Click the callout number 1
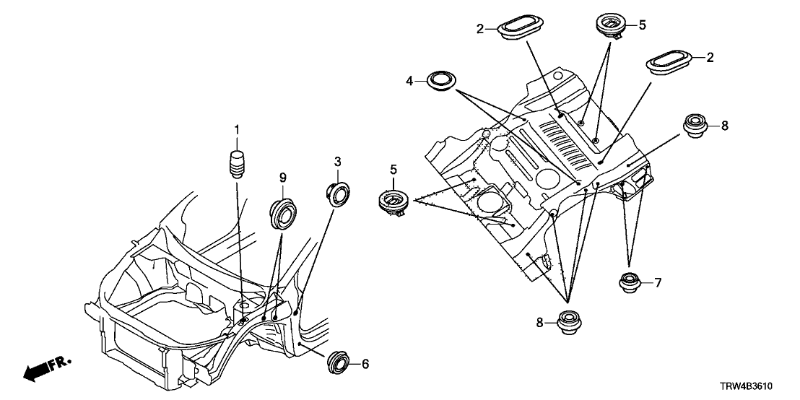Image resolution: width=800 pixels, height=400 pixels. [x=235, y=129]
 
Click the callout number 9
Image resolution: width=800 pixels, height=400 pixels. [x=283, y=177]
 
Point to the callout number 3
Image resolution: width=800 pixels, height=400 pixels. [x=337, y=160]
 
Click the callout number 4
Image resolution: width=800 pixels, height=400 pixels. [x=409, y=82]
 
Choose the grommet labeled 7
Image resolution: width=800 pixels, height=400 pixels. [x=630, y=282]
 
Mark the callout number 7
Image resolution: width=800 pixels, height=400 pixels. [x=657, y=282]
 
